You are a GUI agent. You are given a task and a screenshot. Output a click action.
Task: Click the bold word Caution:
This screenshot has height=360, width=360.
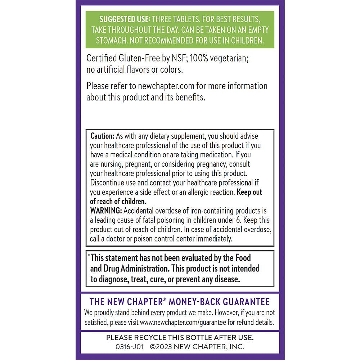[102, 136]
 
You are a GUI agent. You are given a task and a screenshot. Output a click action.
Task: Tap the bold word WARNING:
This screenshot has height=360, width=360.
[105, 211]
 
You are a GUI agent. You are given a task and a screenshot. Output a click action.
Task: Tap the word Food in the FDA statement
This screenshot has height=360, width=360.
[243, 258]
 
